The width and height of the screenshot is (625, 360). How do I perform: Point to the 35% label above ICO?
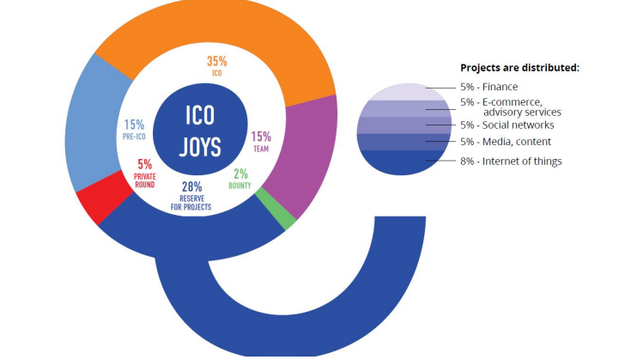(x=216, y=61)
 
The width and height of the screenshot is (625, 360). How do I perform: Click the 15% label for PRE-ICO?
(x=135, y=125)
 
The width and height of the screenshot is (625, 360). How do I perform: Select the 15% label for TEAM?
(x=261, y=136)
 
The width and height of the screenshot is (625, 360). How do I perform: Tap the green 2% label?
(x=240, y=173)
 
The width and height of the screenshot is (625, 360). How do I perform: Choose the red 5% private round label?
(x=144, y=164)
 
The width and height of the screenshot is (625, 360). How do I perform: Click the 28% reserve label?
(x=192, y=187)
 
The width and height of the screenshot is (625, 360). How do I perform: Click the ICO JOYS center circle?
(x=201, y=131)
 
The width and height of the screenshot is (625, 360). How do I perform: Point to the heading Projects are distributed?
(x=519, y=67)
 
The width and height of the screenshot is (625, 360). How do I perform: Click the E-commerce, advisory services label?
(x=511, y=107)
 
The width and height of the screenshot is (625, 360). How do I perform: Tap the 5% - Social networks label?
(x=507, y=125)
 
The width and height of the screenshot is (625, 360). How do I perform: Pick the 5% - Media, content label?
(x=505, y=142)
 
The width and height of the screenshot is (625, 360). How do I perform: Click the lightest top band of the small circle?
(x=404, y=91)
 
